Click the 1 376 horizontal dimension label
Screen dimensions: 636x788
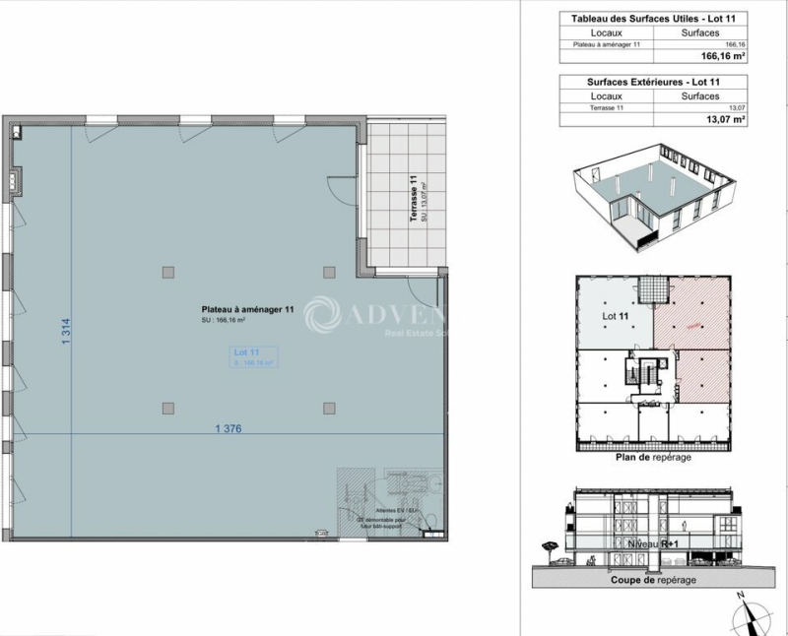[228, 428]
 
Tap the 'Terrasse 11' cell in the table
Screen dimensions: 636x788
[591, 107]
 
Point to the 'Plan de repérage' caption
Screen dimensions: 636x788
[652, 458]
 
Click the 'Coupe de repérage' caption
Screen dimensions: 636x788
[652, 581]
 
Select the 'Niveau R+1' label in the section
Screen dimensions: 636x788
[652, 543]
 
